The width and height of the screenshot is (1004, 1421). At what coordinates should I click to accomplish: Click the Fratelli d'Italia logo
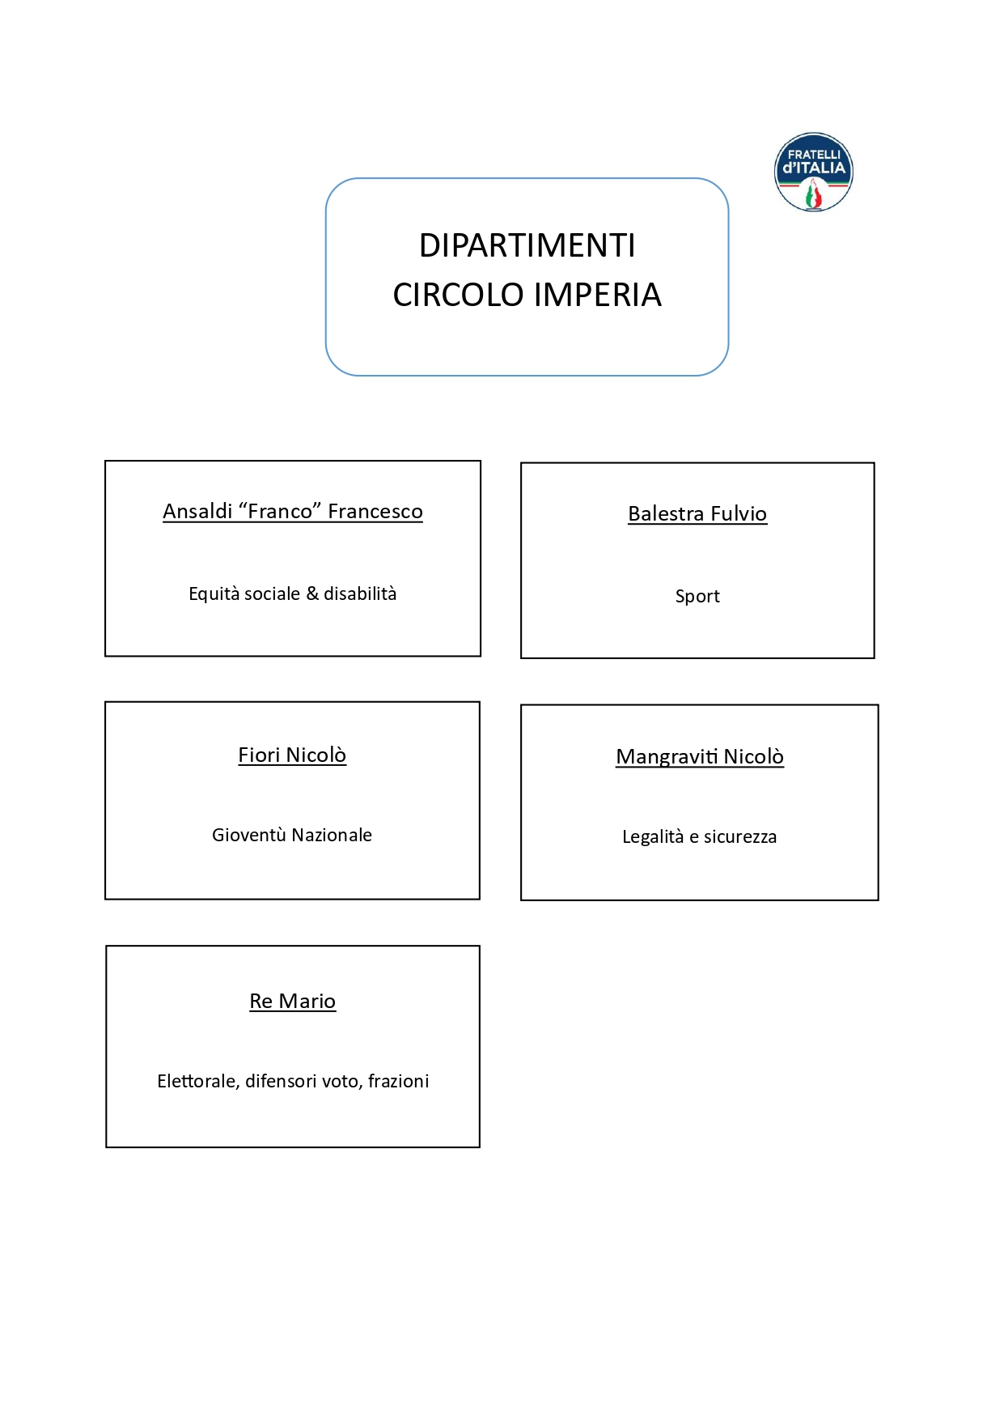tap(813, 172)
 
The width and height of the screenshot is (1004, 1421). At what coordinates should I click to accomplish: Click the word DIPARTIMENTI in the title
tap(527, 246)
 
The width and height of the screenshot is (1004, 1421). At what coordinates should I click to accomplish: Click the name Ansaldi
tap(197, 512)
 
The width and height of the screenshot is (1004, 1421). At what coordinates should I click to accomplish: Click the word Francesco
tap(375, 512)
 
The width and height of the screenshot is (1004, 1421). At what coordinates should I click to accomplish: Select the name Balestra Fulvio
tap(697, 514)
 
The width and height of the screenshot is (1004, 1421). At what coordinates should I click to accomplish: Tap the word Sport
tap(697, 597)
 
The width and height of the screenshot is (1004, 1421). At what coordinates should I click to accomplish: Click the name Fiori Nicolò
tap(292, 755)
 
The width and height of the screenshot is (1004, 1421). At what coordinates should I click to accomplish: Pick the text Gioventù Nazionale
tap(292, 835)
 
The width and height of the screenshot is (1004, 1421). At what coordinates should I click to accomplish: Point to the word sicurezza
tap(739, 837)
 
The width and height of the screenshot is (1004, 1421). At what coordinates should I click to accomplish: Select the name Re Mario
tap(292, 1002)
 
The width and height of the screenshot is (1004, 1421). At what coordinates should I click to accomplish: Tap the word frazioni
tap(398, 1082)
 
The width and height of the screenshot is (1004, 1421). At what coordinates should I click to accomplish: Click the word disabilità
tap(360, 594)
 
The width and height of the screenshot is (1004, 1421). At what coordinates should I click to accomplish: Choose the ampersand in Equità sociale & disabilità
tap(312, 594)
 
